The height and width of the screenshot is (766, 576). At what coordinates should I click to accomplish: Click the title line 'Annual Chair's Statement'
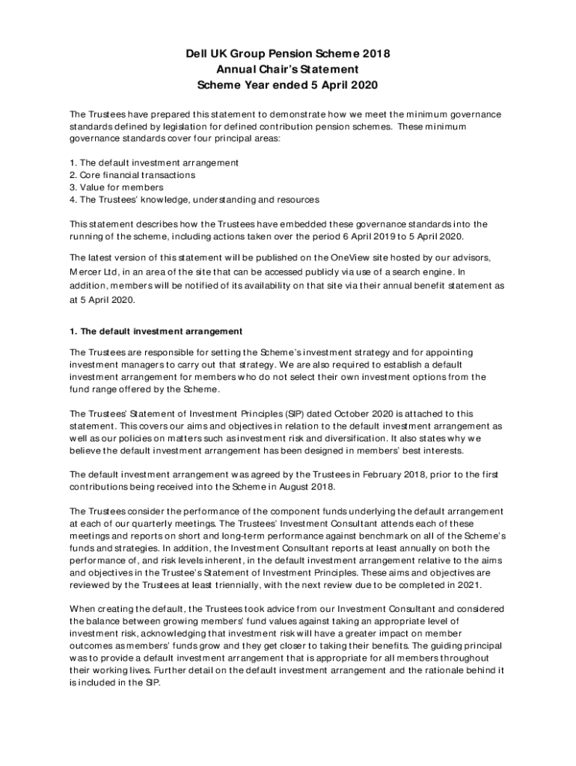click(288, 70)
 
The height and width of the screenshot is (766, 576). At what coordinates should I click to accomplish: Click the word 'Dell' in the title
click(198, 54)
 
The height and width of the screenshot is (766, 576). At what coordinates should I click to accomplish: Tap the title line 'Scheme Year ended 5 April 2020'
click(288, 85)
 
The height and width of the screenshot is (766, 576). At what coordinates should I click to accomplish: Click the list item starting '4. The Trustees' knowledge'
click(194, 200)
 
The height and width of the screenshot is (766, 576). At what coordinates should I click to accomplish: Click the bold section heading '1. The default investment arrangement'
click(156, 331)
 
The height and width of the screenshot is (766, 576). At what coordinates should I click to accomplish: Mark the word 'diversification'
click(352, 438)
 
